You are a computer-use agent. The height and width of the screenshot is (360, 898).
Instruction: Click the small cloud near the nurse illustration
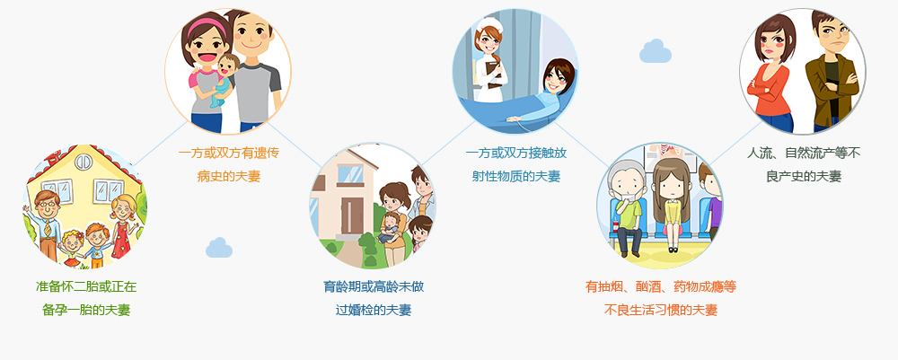tap(656, 51)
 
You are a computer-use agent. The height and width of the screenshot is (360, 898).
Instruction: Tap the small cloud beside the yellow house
tap(219, 248)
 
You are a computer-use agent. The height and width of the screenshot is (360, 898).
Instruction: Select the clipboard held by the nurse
tap(494, 74)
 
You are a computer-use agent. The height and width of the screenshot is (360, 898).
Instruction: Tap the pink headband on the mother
tap(206, 26)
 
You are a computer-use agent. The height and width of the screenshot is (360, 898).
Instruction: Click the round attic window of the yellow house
tap(84, 162)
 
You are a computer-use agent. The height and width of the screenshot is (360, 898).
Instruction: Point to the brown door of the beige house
tap(352, 215)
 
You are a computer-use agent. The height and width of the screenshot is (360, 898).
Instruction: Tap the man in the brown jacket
tap(831, 71)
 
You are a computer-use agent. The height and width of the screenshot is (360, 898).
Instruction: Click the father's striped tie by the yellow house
tap(48, 228)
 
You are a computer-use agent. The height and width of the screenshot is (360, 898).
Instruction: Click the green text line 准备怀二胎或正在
tap(86, 286)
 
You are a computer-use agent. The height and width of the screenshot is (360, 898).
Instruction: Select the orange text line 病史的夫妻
tap(229, 176)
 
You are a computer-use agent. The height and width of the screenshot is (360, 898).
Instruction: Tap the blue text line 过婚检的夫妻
tap(374, 311)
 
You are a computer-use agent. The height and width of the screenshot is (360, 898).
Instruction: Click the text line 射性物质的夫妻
tap(516, 176)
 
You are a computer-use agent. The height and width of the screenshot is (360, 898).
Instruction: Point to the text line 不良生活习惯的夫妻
tap(660, 311)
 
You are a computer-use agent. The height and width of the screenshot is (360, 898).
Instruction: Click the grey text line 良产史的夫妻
tap(804, 176)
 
